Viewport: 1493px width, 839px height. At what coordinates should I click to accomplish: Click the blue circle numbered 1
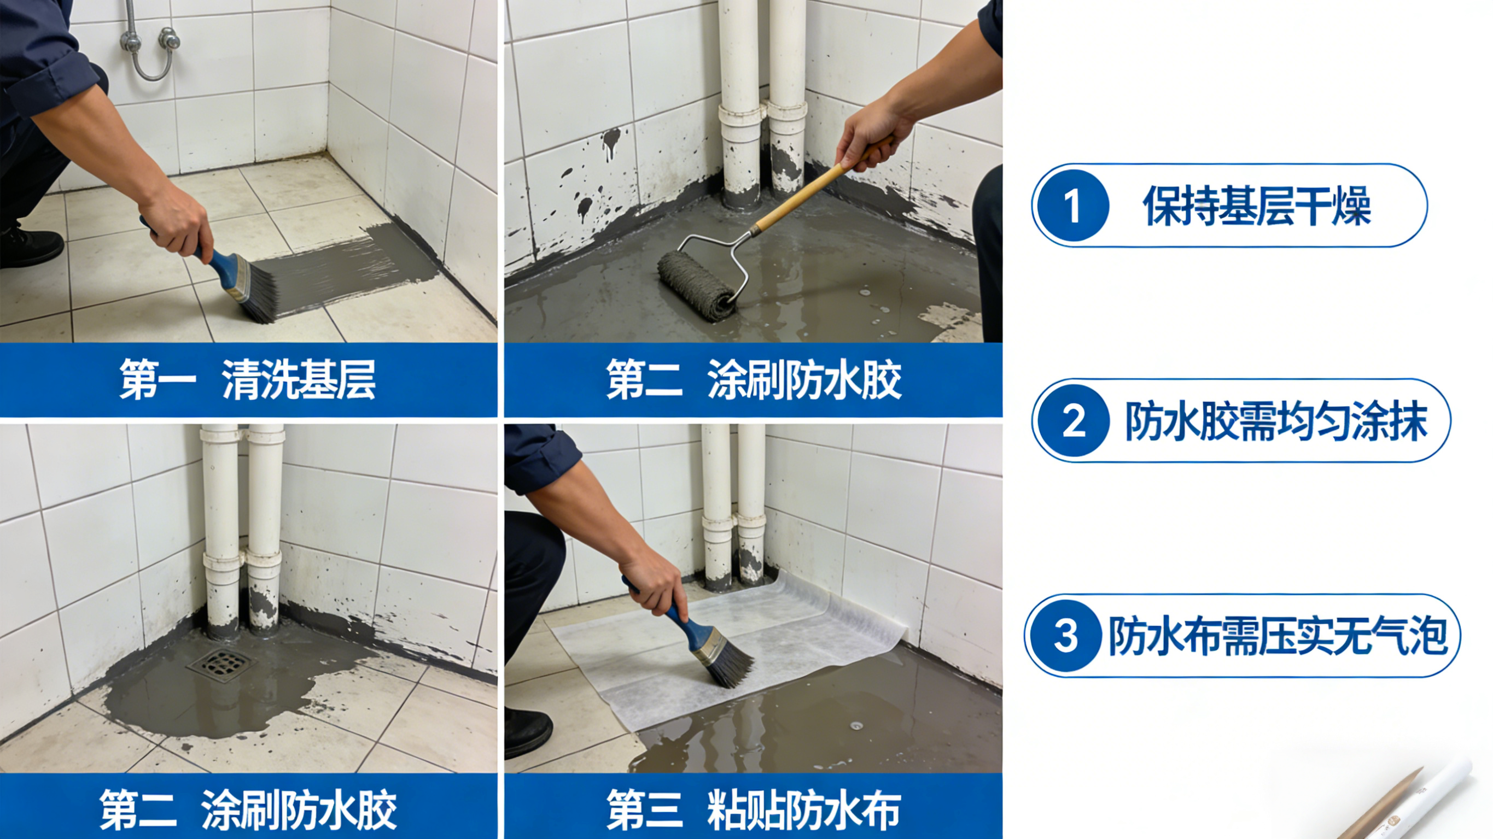click(x=1072, y=206)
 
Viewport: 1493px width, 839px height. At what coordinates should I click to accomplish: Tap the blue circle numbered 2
click(x=1074, y=421)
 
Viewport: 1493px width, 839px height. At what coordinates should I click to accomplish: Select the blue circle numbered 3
click(x=1065, y=636)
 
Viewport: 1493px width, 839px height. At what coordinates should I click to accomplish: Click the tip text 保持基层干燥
click(x=1257, y=206)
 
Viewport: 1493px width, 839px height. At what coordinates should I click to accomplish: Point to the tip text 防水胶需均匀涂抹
click(x=1276, y=421)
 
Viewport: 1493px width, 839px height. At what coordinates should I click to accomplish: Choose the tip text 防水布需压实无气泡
click(x=1279, y=636)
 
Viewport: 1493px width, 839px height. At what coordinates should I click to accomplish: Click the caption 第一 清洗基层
click(x=248, y=379)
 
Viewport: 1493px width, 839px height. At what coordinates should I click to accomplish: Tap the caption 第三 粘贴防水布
click(x=754, y=809)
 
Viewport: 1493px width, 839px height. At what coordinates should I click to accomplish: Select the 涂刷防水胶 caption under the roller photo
click(x=754, y=379)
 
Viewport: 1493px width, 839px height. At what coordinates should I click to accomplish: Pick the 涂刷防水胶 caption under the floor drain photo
click(x=248, y=809)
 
